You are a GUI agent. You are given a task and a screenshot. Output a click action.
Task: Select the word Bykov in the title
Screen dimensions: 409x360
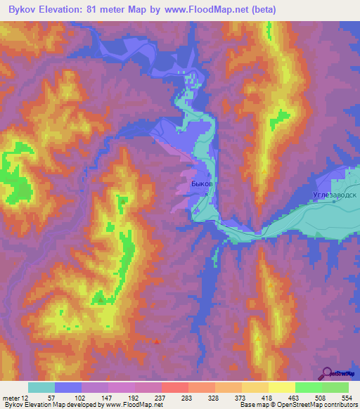(24, 10)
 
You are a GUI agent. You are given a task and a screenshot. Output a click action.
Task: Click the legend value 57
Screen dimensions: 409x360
(52, 398)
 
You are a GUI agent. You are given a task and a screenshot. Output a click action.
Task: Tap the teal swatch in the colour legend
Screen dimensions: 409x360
(41, 387)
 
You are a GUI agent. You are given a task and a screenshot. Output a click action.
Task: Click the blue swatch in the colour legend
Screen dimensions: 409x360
(67, 387)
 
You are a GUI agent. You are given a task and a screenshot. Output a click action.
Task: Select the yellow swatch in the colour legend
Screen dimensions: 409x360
(281, 387)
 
